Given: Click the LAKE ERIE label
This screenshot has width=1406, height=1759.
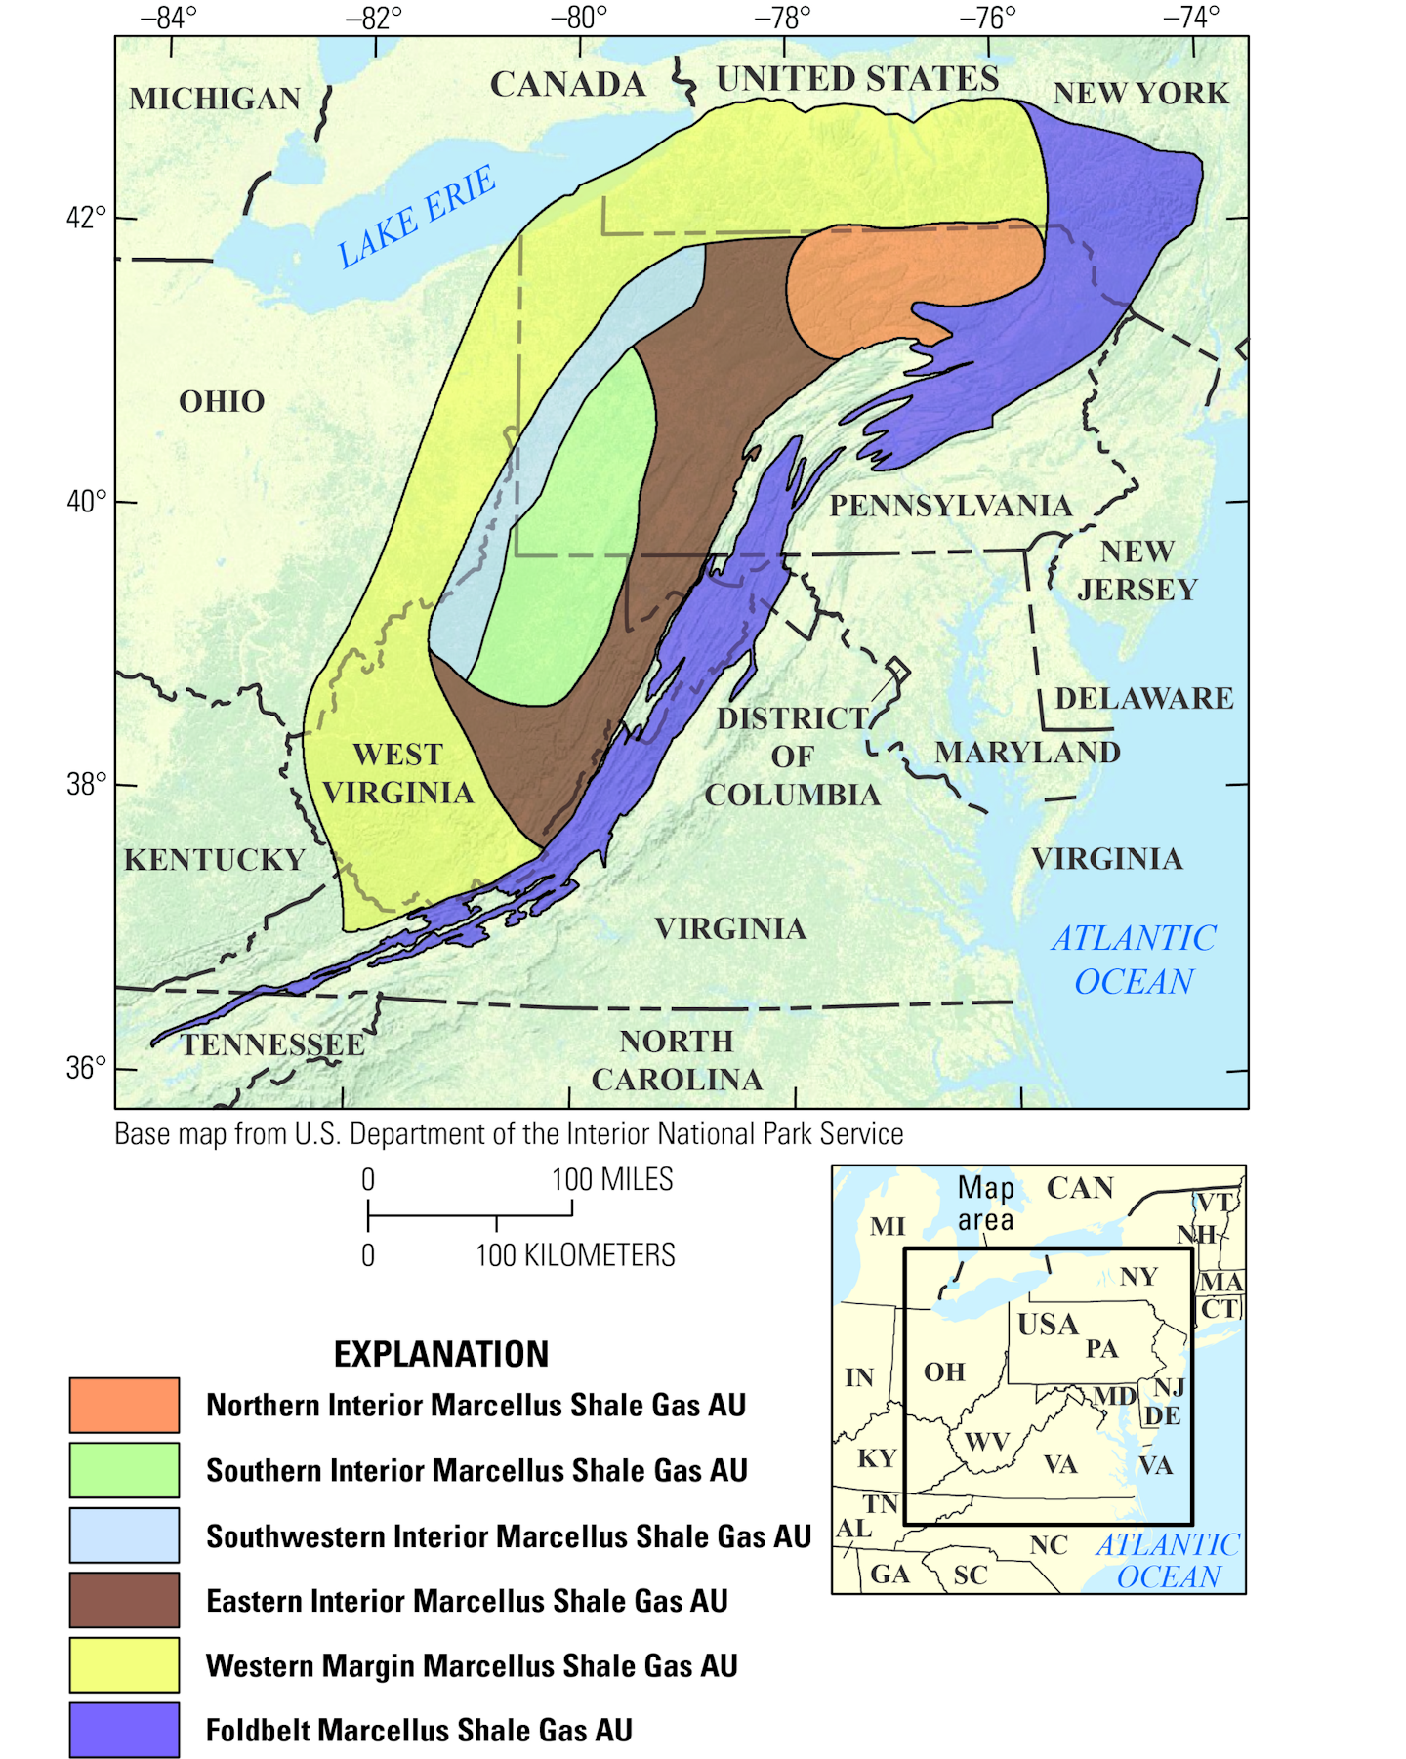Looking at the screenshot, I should pyautogui.click(x=417, y=217).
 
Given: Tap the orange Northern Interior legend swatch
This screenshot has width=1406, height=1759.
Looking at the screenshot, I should pyautogui.click(x=124, y=1404).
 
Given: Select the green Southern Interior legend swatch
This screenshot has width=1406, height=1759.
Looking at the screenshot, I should pyautogui.click(x=124, y=1469).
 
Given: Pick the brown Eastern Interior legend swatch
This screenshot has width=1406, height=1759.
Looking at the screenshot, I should pyautogui.click(x=124, y=1600).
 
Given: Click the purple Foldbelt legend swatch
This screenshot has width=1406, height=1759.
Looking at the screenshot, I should pyautogui.click(x=124, y=1729).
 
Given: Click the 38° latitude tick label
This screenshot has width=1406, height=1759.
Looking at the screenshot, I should pyautogui.click(x=86, y=784).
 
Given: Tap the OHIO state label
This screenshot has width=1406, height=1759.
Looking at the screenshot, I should pyautogui.click(x=222, y=401).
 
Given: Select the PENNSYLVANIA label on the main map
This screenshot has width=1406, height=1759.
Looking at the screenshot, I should pyautogui.click(x=950, y=506).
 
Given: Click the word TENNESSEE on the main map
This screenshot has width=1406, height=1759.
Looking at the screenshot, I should pyautogui.click(x=273, y=1044).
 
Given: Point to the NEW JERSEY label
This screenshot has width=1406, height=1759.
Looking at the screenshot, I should pyautogui.click(x=1137, y=570).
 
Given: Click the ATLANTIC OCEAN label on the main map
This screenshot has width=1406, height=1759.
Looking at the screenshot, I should pyautogui.click(x=1134, y=960).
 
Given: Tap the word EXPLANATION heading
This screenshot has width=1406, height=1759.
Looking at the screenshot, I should pyautogui.click(x=440, y=1354).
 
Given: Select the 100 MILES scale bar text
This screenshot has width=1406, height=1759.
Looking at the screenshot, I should pyautogui.click(x=611, y=1179).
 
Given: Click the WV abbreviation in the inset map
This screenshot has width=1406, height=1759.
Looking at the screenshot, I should pyautogui.click(x=986, y=1442).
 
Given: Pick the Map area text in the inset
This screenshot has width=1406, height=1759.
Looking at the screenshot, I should pyautogui.click(x=985, y=1204).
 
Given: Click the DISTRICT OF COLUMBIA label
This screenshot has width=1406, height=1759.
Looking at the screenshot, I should pyautogui.click(x=792, y=757).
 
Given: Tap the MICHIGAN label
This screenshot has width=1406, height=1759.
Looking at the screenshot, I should pyautogui.click(x=215, y=99).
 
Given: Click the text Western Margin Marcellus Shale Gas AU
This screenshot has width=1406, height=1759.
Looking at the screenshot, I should pyautogui.click(x=472, y=1665).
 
